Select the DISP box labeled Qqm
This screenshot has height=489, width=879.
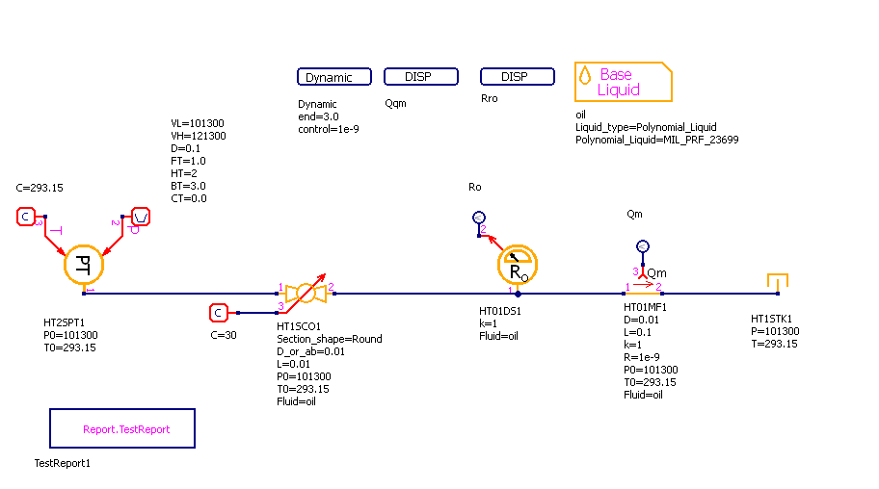420,77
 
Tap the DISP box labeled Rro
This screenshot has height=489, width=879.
517,77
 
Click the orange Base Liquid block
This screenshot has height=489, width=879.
623,82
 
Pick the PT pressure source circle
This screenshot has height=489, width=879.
83,264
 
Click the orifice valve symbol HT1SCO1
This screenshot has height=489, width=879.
306,292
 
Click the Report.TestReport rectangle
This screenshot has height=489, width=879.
122,428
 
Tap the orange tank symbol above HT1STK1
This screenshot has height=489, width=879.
779,282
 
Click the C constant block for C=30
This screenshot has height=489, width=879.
219,312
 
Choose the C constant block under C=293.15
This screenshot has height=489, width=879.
26,217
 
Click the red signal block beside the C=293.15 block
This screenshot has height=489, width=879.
140,217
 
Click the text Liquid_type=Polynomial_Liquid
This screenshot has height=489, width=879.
646,127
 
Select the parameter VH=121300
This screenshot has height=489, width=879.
199,136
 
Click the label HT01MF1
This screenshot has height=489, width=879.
646,308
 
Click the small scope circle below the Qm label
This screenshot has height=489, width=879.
644,246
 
